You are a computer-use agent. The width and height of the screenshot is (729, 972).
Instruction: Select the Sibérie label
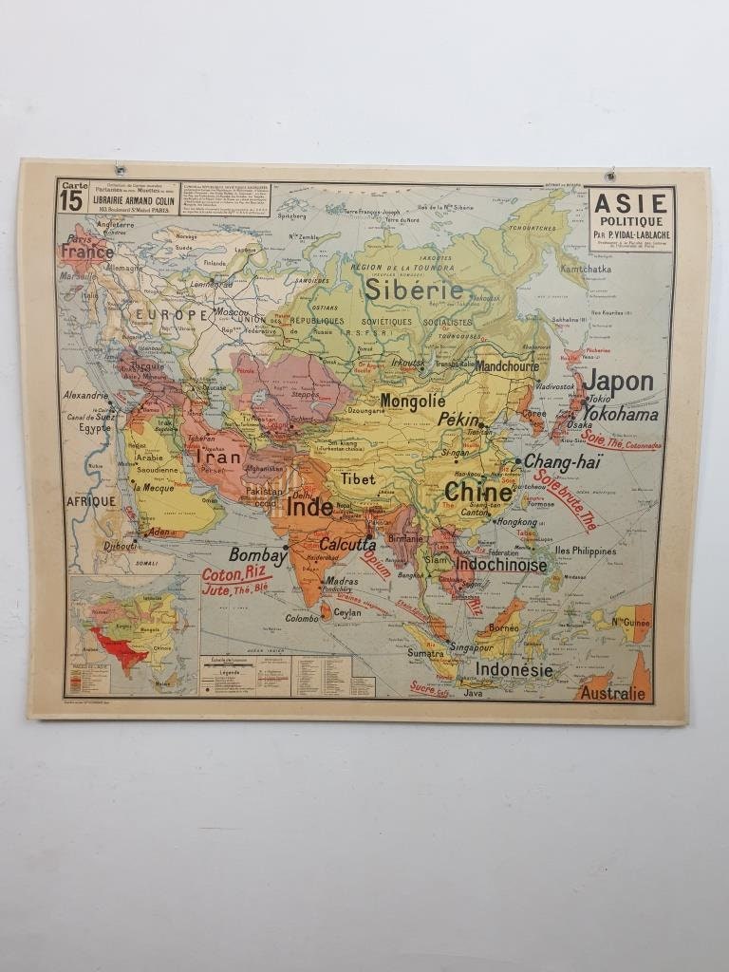tap(414, 290)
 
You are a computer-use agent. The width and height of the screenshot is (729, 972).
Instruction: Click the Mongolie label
tap(413, 401)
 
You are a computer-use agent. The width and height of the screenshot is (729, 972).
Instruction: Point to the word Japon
tap(618, 383)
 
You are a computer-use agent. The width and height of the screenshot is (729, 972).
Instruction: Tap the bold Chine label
tap(478, 492)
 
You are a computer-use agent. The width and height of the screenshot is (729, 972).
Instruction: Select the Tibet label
tap(359, 479)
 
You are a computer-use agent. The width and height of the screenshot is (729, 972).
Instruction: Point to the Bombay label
tap(257, 555)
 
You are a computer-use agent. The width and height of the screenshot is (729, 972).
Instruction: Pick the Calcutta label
tap(346, 544)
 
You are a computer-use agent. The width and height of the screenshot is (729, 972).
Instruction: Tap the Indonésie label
tap(514, 669)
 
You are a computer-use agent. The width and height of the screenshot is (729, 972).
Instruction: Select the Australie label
tap(612, 694)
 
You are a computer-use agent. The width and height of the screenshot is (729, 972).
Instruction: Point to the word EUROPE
tap(170, 314)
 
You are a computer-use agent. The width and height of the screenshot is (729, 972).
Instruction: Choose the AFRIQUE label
tap(90, 500)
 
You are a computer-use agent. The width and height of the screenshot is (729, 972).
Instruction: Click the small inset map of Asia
tap(132, 634)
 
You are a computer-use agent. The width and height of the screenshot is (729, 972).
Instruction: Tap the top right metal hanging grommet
tap(609, 175)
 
